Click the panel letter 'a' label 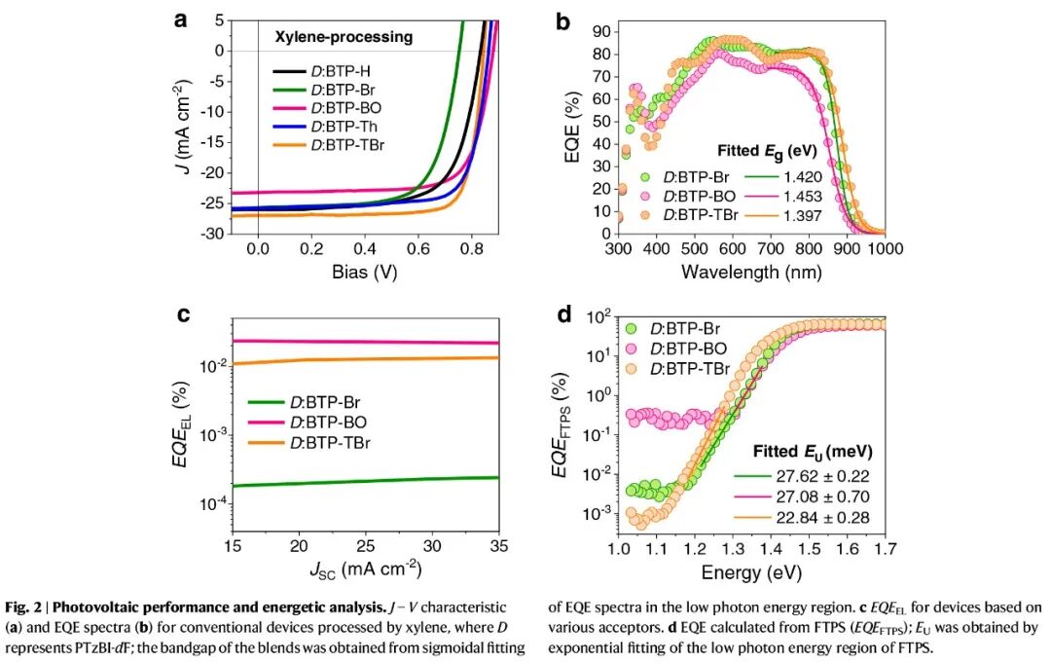click(x=180, y=18)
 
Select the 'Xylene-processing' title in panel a click(x=343, y=38)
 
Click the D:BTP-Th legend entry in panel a click(x=349, y=127)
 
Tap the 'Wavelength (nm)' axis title click(x=751, y=272)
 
